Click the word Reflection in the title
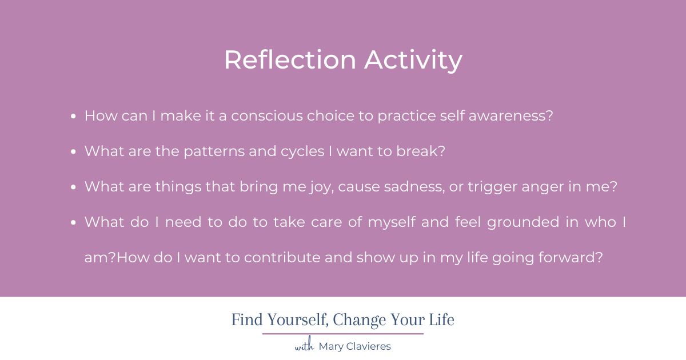(290, 61)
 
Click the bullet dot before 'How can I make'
(74, 116)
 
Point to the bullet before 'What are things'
(74, 187)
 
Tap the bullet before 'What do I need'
(74, 222)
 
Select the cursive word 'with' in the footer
(304, 346)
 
